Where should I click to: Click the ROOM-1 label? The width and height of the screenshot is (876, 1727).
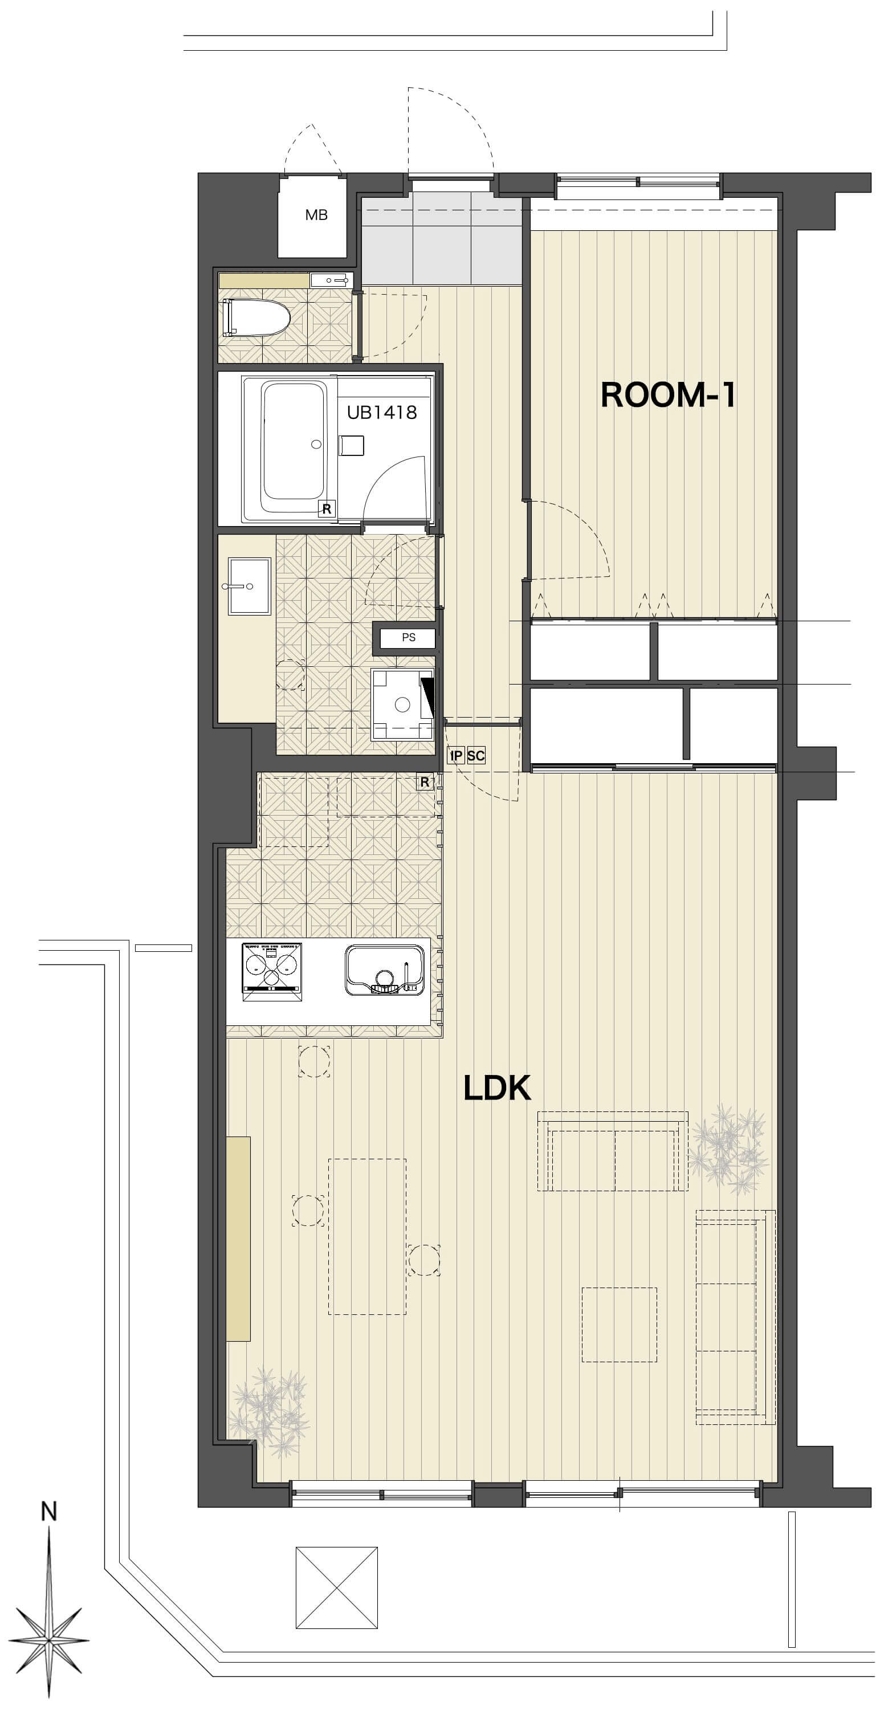667,395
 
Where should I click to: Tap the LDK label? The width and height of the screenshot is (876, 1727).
498,1088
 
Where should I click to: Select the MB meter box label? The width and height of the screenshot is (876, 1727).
316,215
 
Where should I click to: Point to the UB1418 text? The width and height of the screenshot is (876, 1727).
382,412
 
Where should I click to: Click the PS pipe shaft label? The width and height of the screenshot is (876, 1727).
408,638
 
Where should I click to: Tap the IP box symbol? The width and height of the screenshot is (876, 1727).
456,756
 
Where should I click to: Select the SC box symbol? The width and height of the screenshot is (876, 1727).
476,756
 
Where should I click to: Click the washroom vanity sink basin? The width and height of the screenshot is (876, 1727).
249,586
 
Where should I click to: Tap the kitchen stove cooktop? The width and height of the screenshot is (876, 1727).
271,971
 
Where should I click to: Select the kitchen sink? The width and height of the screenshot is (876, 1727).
385,970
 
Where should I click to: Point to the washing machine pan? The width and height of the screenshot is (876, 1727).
402,704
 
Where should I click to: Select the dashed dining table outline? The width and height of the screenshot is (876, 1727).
367,1236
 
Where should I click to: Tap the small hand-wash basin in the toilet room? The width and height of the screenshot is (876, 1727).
331,279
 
